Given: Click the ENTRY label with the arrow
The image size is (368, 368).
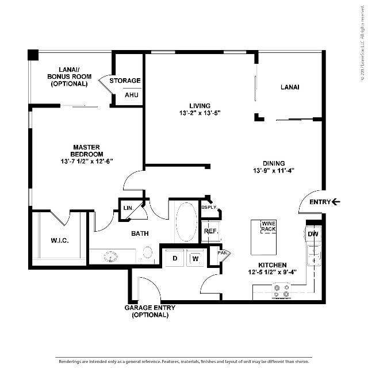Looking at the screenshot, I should (324, 202).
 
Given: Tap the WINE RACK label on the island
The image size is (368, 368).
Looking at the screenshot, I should (269, 226).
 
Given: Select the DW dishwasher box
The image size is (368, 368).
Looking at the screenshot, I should (313, 234).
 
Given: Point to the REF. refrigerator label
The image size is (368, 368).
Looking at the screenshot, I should (210, 231).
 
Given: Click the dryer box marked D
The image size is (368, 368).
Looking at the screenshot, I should (175, 258).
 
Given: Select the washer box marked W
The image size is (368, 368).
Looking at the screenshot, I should (195, 258).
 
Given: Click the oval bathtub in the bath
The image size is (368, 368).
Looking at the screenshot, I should (186, 222).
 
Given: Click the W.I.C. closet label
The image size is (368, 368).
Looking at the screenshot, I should (60, 240).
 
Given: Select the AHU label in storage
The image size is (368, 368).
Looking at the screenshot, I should (132, 95).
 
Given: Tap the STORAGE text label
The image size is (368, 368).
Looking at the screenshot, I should (125, 80).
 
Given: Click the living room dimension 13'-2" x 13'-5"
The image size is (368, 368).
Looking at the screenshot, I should (200, 113).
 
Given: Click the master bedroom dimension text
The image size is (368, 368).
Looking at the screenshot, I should (86, 161).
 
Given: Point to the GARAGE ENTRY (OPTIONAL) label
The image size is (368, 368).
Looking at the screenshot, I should (150, 311).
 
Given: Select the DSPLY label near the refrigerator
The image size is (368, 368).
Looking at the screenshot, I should (209, 207).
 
